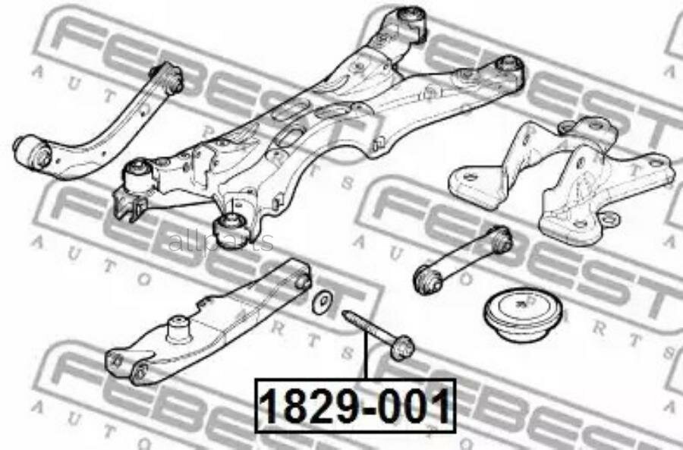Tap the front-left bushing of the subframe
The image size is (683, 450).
coord(137,175)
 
